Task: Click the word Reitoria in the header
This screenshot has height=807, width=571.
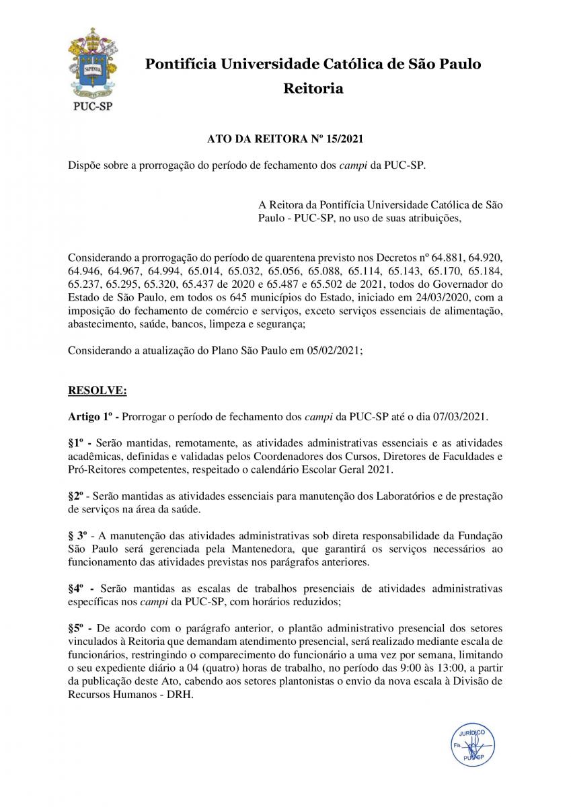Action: [x=313, y=88]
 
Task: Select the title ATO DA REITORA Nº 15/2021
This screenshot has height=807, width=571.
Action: [x=285, y=139]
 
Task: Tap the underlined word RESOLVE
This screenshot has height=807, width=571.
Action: [x=97, y=389]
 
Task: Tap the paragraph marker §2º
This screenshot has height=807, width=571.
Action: [x=78, y=496]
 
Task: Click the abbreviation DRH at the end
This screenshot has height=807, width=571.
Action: [x=180, y=695]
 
